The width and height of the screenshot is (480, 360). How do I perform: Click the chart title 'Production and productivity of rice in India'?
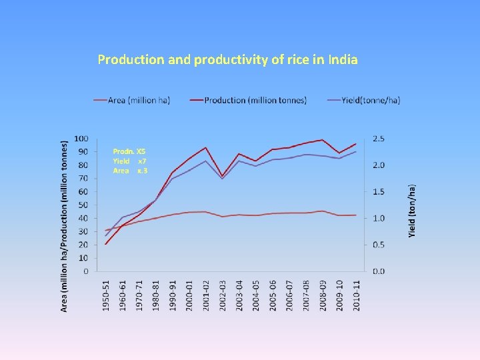click(227, 60)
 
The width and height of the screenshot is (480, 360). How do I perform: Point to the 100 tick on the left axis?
click(81, 138)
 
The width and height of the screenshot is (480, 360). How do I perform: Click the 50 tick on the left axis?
click(83, 205)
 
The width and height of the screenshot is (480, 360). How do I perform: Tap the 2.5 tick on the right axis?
click(378, 138)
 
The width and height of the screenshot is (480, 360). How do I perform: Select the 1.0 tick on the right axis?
click(378, 218)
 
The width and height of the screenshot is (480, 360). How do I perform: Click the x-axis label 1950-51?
click(106, 294)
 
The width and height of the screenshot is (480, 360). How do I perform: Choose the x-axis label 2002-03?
click(223, 294)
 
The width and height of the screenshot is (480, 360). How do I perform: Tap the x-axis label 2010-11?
click(356, 294)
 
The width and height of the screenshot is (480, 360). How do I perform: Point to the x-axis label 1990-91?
click(173, 294)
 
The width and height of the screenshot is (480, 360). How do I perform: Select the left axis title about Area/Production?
click(65, 225)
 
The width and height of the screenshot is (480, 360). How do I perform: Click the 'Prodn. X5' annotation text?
click(129, 151)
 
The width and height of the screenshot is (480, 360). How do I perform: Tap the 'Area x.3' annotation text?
click(130, 171)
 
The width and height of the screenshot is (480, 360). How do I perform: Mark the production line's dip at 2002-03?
click(223, 176)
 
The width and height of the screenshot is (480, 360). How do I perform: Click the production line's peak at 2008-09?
click(323, 140)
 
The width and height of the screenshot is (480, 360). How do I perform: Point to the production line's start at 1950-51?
click(106, 243)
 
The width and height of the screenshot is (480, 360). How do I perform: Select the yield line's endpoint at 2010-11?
click(356, 151)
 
